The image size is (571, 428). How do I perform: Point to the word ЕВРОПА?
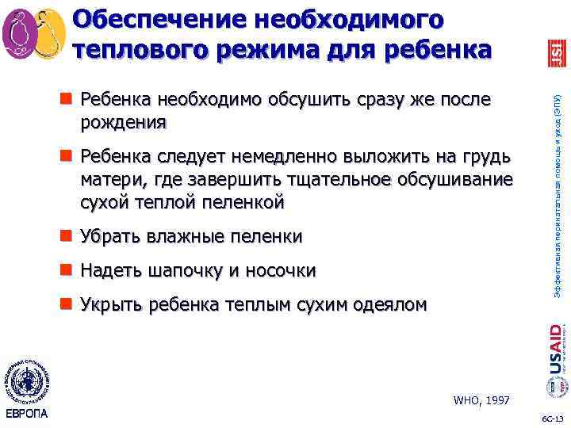coord(26,415)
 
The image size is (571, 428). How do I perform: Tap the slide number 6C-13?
coord(552,418)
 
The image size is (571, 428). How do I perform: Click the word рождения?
coord(123,122)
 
